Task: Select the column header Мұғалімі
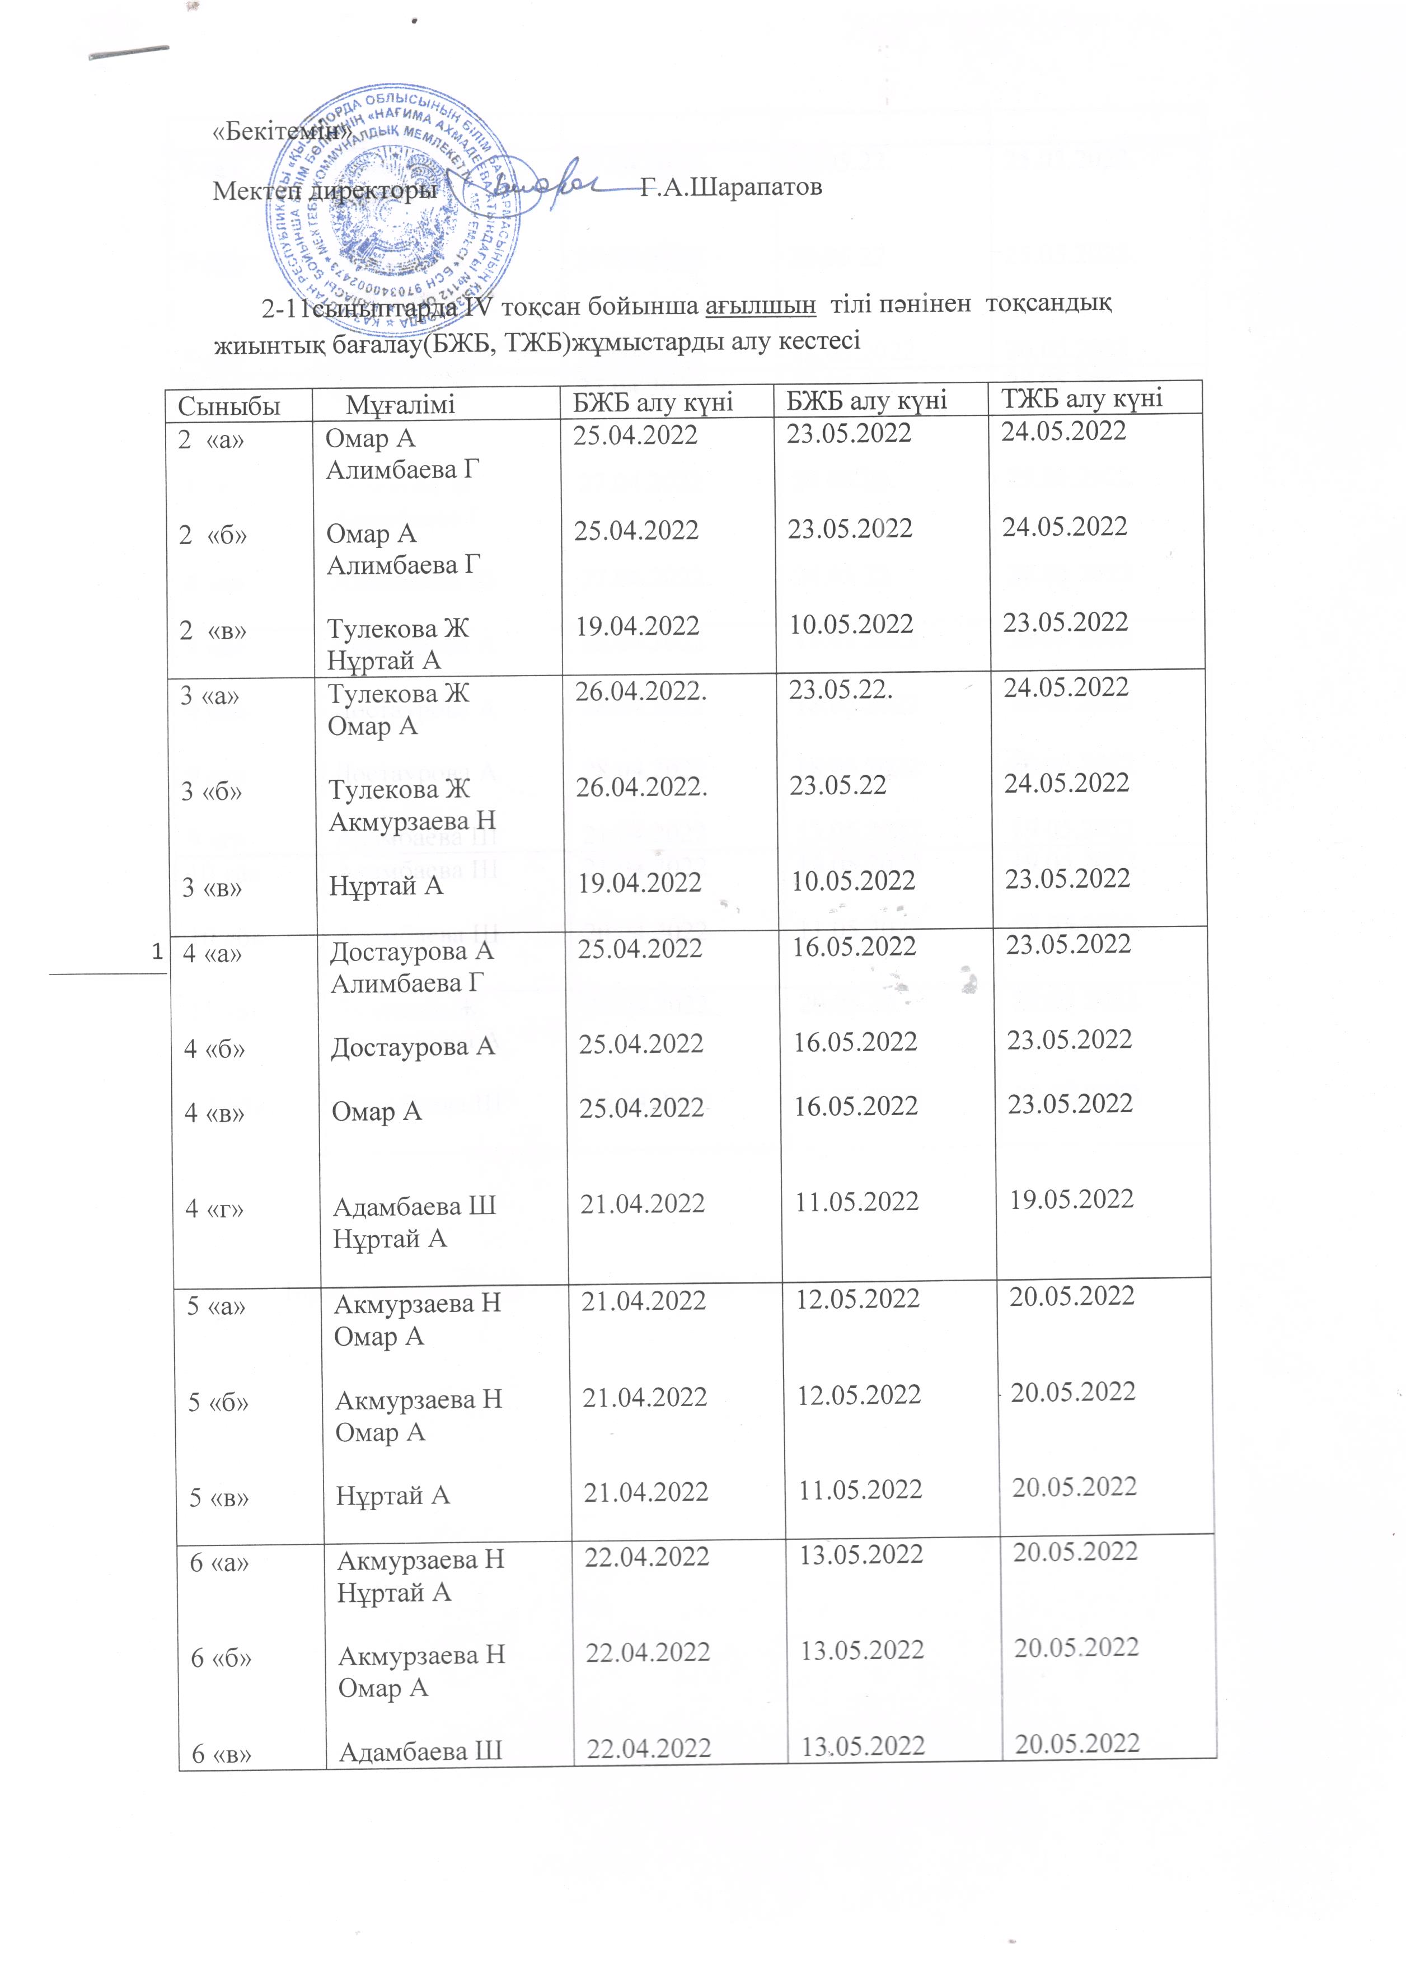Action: (x=400, y=404)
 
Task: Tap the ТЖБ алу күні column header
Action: (x=1081, y=398)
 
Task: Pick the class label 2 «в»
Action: (x=213, y=631)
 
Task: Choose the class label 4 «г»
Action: (x=214, y=1208)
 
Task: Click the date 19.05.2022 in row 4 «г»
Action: (x=1071, y=1199)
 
